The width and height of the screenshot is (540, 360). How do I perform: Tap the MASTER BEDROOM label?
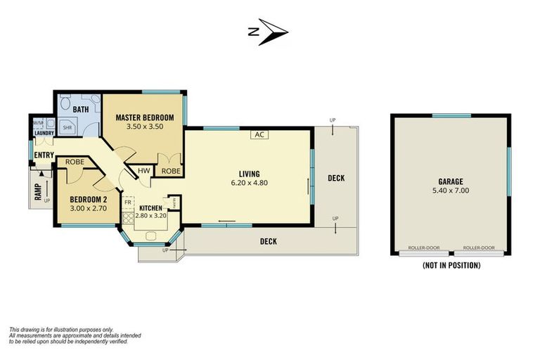click(143, 118)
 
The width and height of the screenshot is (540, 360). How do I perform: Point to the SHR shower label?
click(67, 128)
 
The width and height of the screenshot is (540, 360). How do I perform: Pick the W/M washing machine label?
click(38, 123)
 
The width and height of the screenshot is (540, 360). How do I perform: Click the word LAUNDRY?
click(39, 132)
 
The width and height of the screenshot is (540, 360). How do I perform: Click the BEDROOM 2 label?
click(88, 199)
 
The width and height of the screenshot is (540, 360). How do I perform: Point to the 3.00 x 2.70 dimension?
click(88, 208)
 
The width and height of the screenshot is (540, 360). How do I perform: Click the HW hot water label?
click(143, 171)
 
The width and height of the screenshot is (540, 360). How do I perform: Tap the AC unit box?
click(259, 134)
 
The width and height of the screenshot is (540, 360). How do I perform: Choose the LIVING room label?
click(249, 174)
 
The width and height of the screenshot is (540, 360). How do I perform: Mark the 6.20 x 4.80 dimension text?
click(249, 183)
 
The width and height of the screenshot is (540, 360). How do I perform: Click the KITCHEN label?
click(151, 208)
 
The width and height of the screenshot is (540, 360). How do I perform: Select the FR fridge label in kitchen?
click(127, 202)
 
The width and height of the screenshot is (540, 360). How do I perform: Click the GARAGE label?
click(450, 181)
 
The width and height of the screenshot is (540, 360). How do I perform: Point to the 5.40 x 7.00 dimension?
click(450, 190)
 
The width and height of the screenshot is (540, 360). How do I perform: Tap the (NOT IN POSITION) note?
click(451, 266)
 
